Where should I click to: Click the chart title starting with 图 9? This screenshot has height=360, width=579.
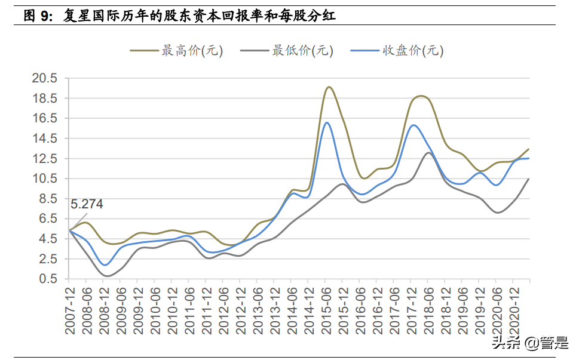coord(179,16)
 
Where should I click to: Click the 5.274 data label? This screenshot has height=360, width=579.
coord(87,204)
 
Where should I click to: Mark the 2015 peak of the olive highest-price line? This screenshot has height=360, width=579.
coord(329,87)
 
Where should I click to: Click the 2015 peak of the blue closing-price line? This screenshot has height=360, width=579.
coord(327,123)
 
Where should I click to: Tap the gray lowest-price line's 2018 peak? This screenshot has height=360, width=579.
coord(430,153)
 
